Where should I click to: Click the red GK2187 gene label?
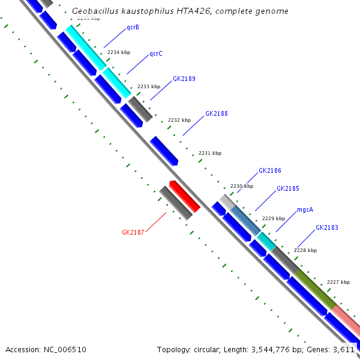click(133, 232)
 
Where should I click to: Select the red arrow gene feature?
click(184, 196)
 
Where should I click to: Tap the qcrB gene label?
click(133, 28)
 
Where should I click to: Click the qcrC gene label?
click(156, 53)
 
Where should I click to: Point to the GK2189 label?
click(184, 79)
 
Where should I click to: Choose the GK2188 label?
click(217, 113)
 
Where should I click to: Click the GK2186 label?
click(270, 170)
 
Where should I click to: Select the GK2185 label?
click(288, 188)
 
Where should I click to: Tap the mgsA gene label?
click(305, 209)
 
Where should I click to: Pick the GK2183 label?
click(327, 228)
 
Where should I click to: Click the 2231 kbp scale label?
click(210, 153)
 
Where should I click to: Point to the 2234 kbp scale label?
click(119, 52)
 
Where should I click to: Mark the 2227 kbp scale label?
click(338, 281)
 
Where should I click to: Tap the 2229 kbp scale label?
click(274, 218)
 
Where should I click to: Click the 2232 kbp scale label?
click(179, 120)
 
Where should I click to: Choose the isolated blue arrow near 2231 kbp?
click(164, 151)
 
